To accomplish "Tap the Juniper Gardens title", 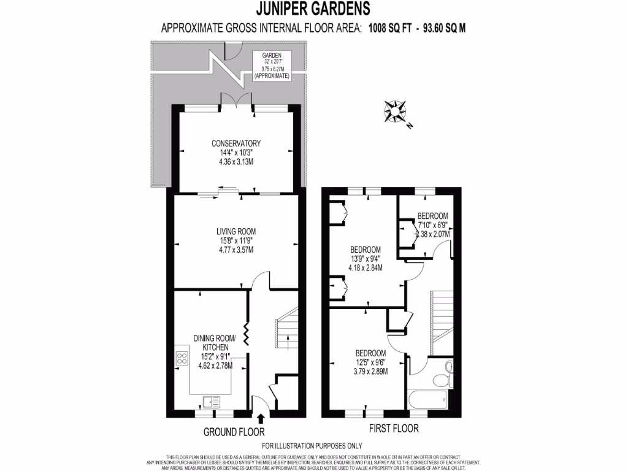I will (313, 9).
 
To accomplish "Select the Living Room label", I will (235, 231).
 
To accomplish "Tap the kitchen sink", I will (211, 402).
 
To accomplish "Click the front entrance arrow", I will (261, 419).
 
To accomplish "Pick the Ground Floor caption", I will (229, 432).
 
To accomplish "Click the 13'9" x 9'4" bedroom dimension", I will (365, 259).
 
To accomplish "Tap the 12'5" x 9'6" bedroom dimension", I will (371, 362).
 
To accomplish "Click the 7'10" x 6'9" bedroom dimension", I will (433, 225).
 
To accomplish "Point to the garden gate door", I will (233, 52).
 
